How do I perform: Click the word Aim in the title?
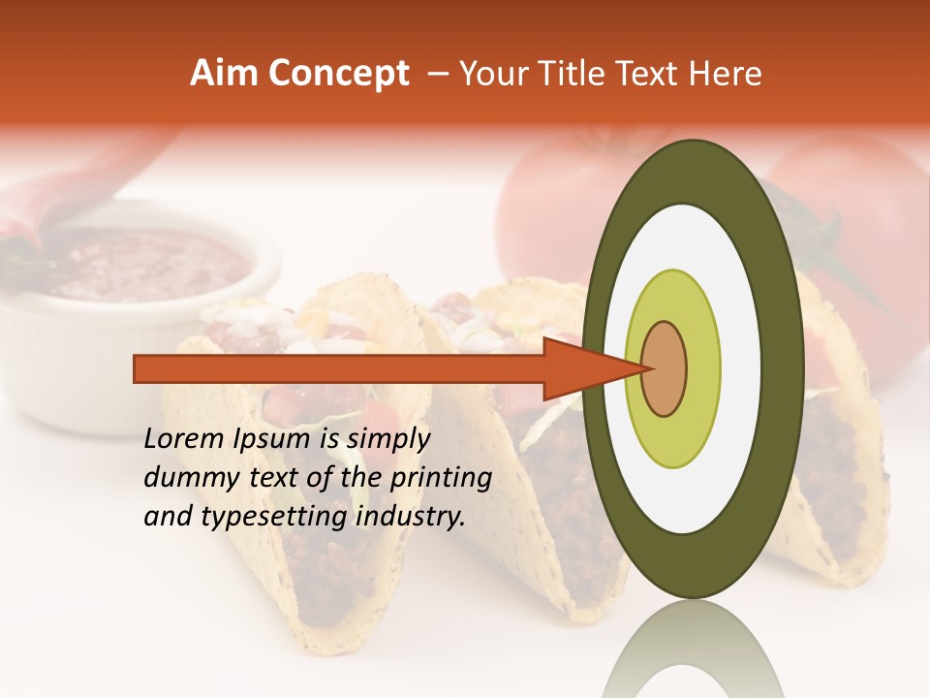click(223, 74)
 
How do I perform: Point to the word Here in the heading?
click(728, 74)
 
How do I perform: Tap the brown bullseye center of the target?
click(665, 368)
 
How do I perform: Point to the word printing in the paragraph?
click(446, 479)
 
